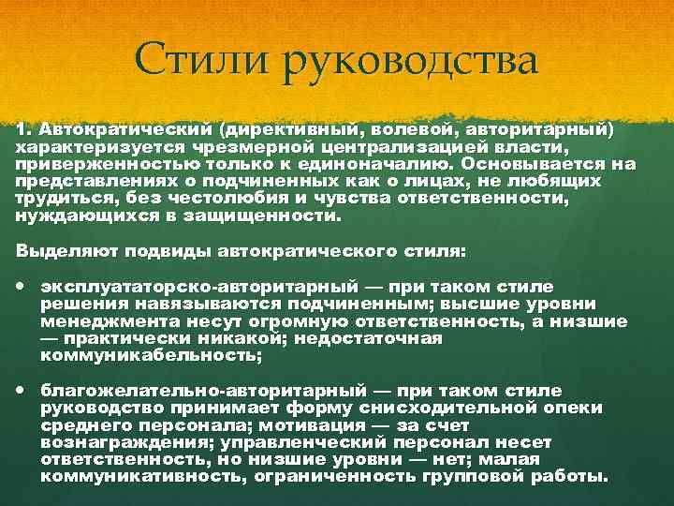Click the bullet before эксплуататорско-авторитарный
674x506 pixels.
click(22, 285)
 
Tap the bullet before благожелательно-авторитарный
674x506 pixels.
click(22, 389)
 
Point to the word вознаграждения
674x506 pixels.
click(109, 442)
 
